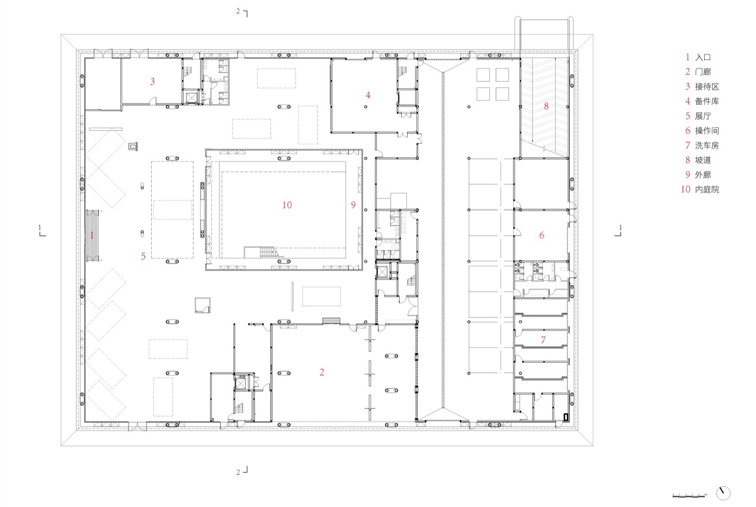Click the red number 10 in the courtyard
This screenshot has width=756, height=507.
(x=287, y=205)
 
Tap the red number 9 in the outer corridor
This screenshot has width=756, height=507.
(x=353, y=205)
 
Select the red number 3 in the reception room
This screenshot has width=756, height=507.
(x=153, y=81)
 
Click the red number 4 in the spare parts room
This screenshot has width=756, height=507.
(x=368, y=95)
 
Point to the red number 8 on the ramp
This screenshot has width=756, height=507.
(x=546, y=106)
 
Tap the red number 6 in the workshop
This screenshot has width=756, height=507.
(x=542, y=235)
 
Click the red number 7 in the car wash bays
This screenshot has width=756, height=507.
(x=543, y=340)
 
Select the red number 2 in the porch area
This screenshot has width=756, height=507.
(x=322, y=372)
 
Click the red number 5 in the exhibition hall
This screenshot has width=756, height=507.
(x=143, y=256)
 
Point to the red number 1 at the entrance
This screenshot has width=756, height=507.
(x=92, y=235)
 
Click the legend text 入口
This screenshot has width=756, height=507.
(x=703, y=57)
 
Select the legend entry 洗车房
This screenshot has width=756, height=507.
(x=707, y=145)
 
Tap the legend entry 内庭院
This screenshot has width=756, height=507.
(x=707, y=190)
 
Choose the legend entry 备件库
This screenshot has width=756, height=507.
(x=707, y=101)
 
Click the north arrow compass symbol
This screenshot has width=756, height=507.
(x=723, y=493)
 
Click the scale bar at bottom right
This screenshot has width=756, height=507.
(x=689, y=495)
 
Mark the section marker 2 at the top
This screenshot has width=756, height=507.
(x=242, y=12)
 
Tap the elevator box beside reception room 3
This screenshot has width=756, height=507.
(x=191, y=97)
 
